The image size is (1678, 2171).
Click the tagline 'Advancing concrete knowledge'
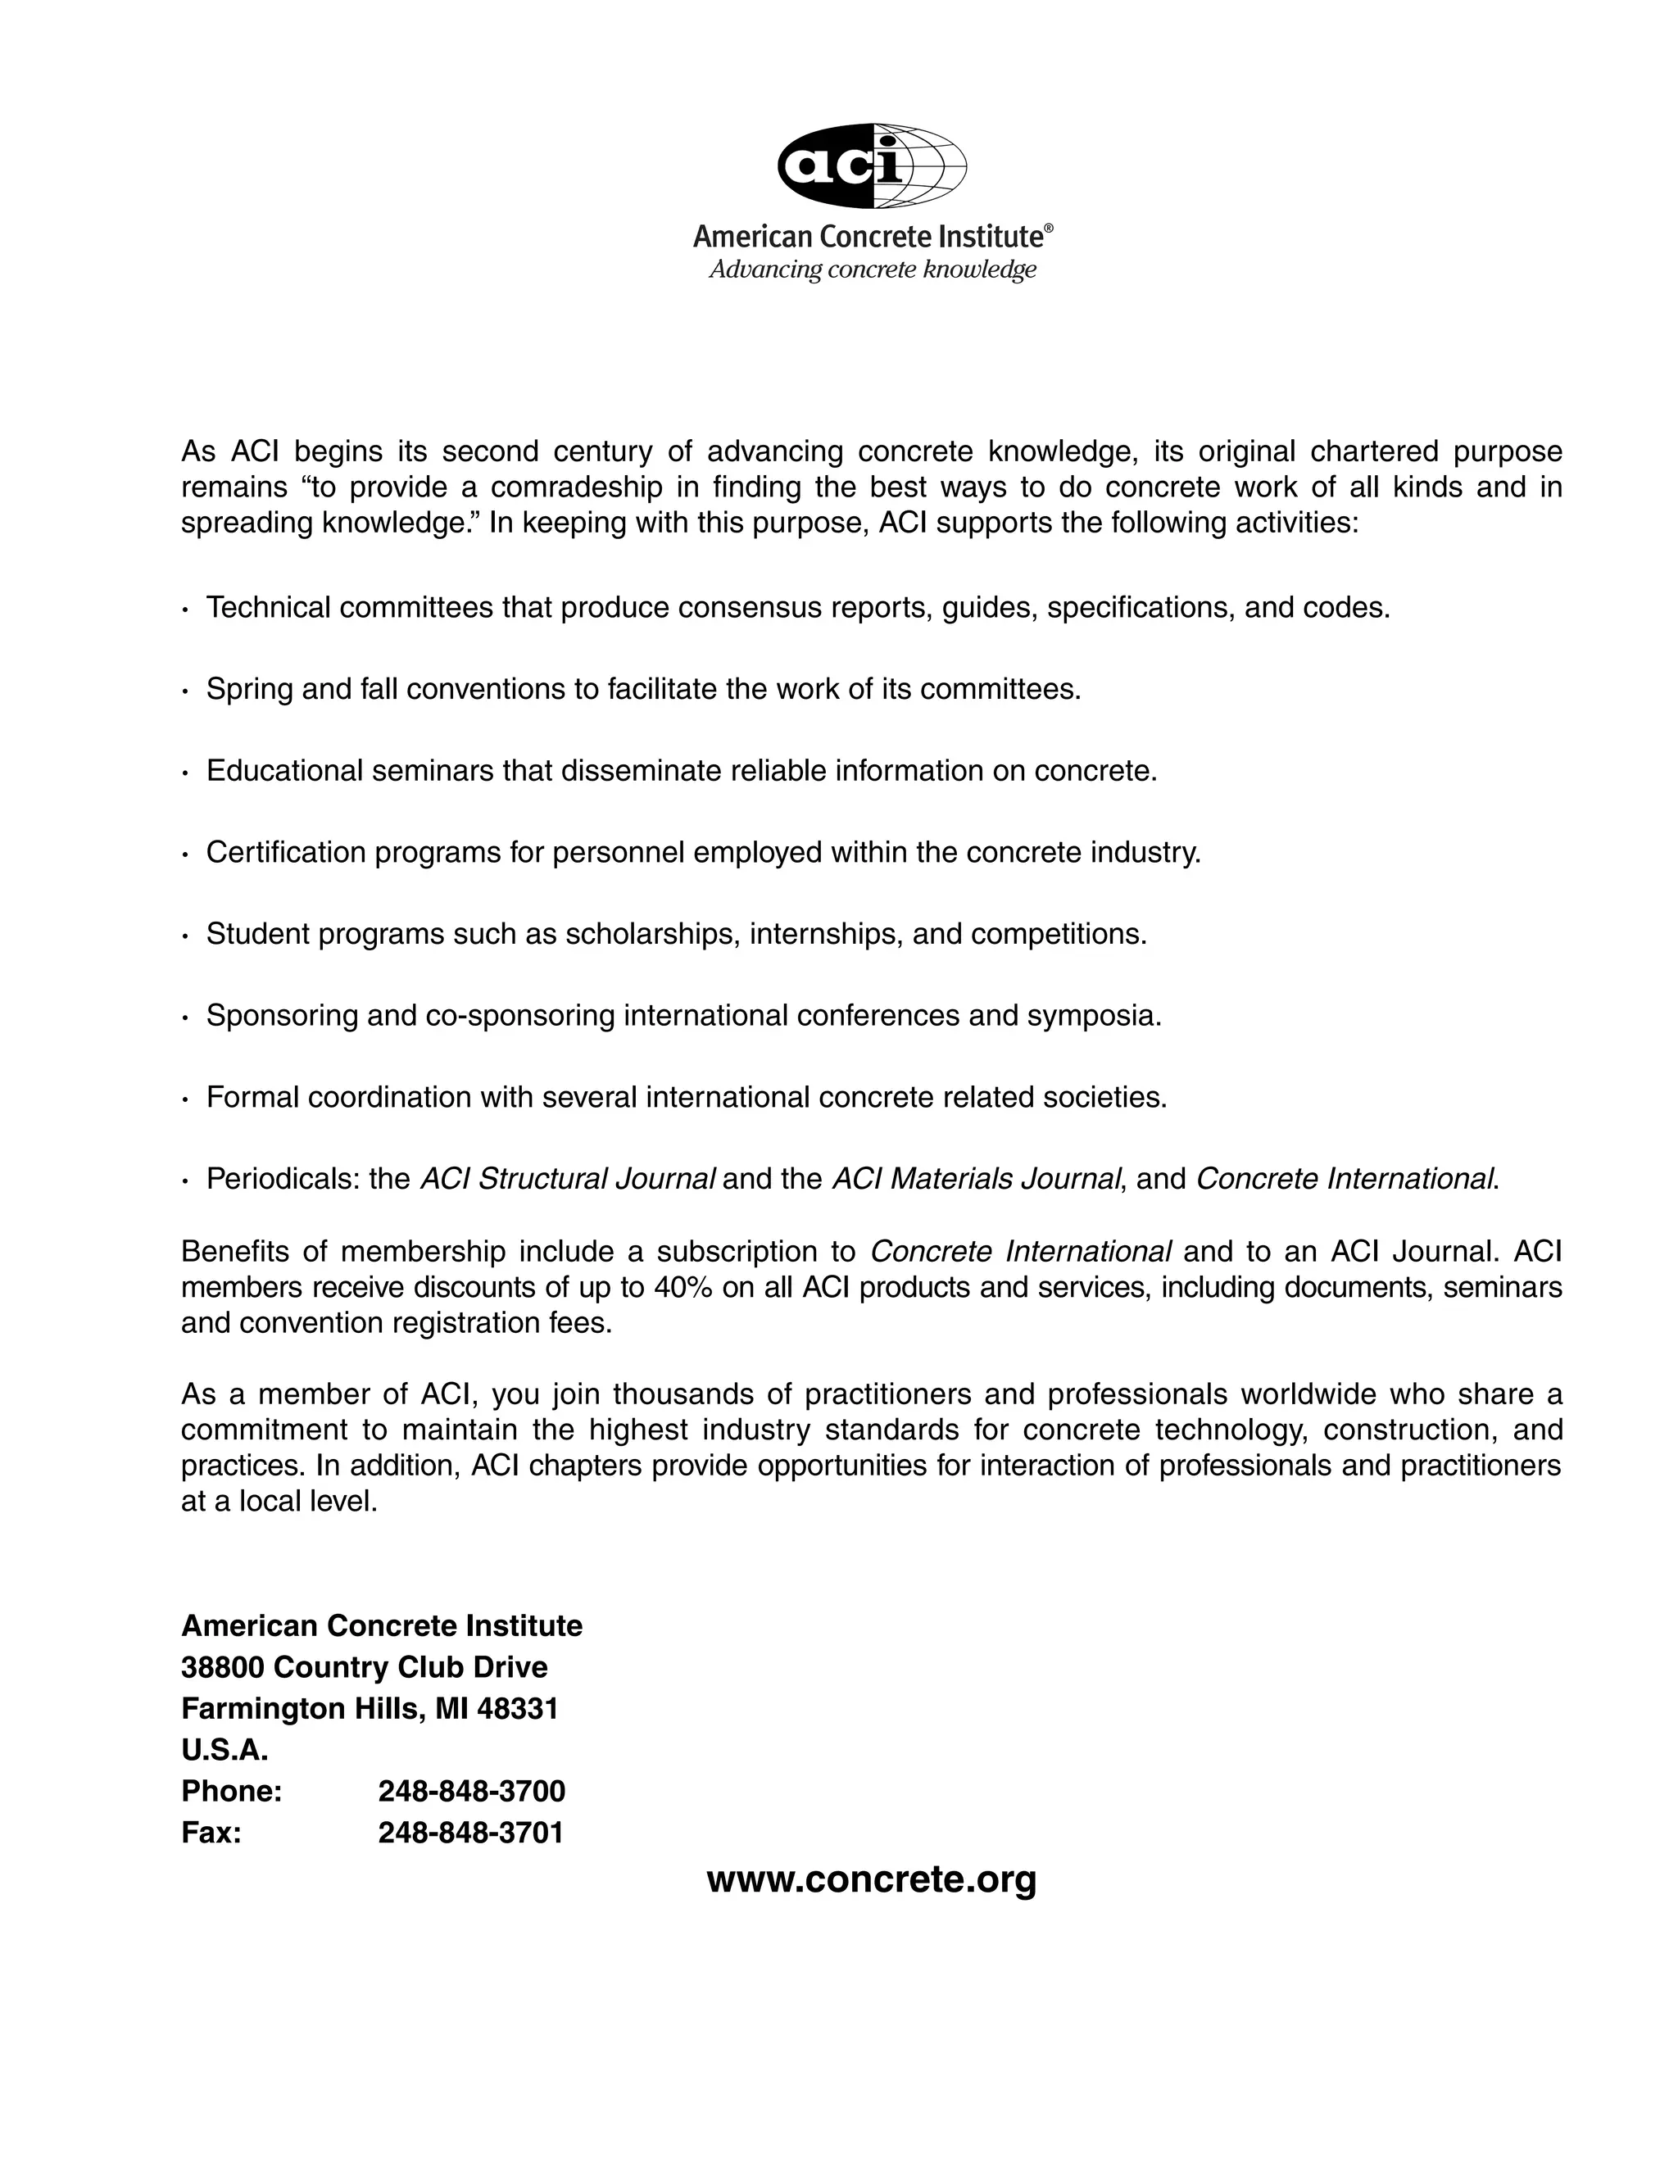click(x=872, y=270)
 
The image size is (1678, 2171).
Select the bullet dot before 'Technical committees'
click(x=185, y=610)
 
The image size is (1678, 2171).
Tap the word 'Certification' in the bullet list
click(x=285, y=852)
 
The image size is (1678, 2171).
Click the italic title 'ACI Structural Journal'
click(x=567, y=1179)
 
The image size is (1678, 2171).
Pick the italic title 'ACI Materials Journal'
click(x=976, y=1179)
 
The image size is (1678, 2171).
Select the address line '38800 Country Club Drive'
click(x=364, y=1667)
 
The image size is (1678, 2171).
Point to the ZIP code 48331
click(x=517, y=1709)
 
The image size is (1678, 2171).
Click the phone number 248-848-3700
click(x=471, y=1791)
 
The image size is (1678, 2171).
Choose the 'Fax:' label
click(x=211, y=1832)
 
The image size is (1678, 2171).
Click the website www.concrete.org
click(x=871, y=1879)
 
